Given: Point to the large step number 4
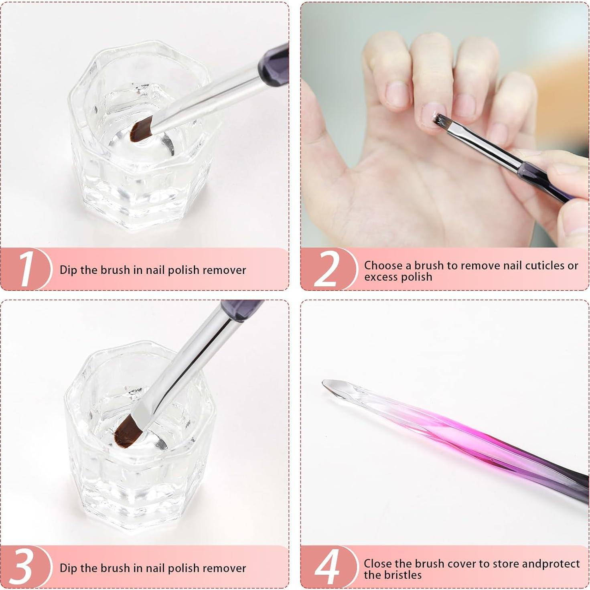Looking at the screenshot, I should [327, 567].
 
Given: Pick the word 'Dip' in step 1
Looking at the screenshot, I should [68, 270].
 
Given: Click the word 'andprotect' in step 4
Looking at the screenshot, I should [551, 564].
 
